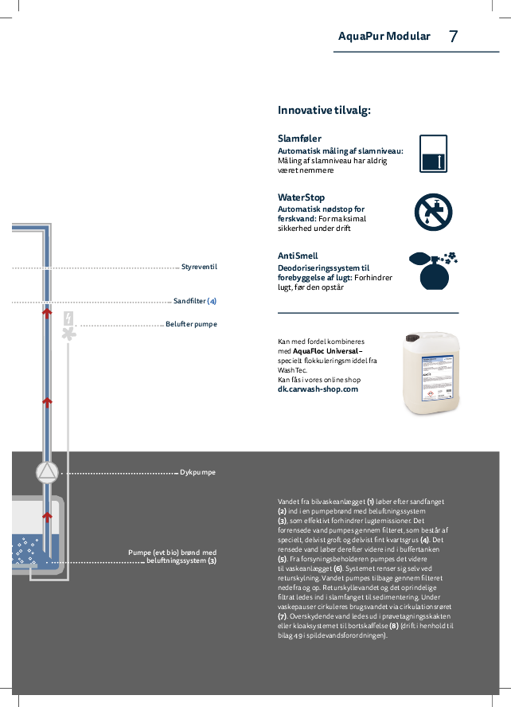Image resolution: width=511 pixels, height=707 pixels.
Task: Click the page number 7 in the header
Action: (x=453, y=37)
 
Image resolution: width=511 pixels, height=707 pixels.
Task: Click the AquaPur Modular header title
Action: (x=384, y=37)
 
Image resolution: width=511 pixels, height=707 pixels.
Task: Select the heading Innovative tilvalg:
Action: (x=324, y=111)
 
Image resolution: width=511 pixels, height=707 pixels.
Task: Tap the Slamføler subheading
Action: (x=299, y=139)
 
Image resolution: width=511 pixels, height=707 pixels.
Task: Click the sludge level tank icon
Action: (x=433, y=154)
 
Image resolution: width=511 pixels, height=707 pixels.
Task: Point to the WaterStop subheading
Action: (x=301, y=197)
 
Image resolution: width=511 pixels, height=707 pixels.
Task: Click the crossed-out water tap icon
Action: (x=433, y=213)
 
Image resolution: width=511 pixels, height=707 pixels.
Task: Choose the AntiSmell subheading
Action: (x=298, y=256)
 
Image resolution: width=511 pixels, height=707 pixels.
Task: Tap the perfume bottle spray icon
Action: (x=433, y=271)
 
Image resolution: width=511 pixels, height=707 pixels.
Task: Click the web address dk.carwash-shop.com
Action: (x=318, y=389)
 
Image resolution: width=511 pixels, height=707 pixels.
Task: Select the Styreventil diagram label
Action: (x=199, y=267)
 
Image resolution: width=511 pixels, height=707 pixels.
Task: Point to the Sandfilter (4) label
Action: (x=195, y=302)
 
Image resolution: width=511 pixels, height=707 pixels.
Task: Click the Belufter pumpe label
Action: (x=191, y=325)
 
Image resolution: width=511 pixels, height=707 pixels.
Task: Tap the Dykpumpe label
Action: (x=197, y=472)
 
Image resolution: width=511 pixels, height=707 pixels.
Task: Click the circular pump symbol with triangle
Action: (x=48, y=472)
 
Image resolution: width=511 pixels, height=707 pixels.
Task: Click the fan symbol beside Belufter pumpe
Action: (x=69, y=334)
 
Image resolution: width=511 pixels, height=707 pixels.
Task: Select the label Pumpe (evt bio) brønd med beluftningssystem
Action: (x=172, y=557)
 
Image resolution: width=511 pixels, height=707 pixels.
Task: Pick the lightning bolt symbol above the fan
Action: (x=69, y=318)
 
